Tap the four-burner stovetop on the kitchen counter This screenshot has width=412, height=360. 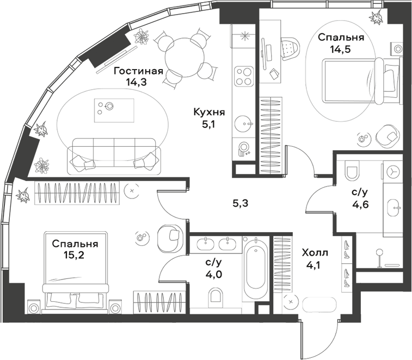click(244, 76)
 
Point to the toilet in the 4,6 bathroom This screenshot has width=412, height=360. click(352, 170)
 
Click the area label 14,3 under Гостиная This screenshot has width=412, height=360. click(136, 83)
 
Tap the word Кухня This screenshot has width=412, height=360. click(209, 113)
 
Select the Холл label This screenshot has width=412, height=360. click(315, 253)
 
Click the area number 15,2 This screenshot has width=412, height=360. click(74, 255)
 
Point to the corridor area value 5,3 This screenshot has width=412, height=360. click(241, 203)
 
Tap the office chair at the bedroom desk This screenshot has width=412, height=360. click(290, 48)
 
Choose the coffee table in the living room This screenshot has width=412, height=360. click(114, 110)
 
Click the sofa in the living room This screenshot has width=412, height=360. click(114, 157)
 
